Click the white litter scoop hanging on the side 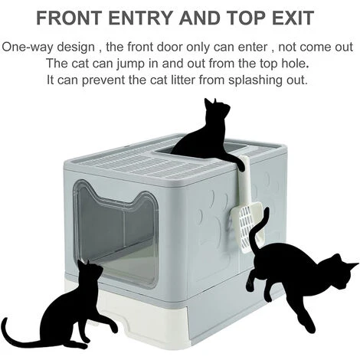247,205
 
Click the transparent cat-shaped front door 116,232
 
